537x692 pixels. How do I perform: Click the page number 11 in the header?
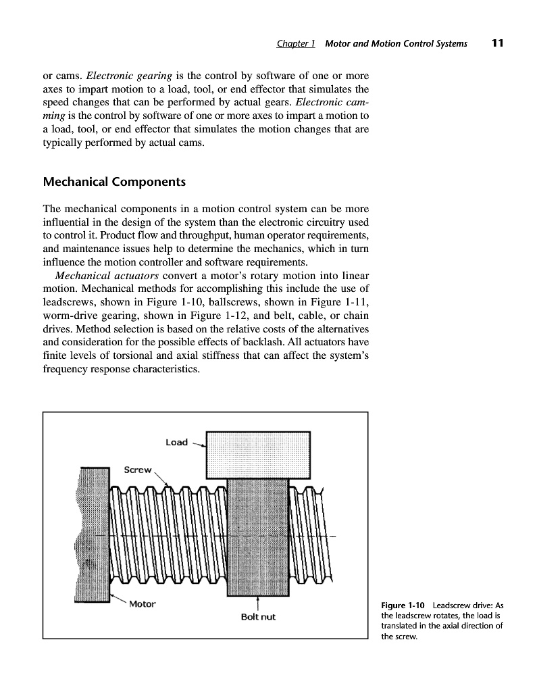[498, 44]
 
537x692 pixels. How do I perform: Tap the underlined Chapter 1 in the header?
[297, 44]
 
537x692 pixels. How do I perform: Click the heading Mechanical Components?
[114, 182]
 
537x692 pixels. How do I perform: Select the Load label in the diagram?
[176, 442]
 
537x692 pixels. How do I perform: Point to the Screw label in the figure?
[138, 469]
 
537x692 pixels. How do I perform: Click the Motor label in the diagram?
[142, 603]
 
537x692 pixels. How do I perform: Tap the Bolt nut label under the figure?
[257, 617]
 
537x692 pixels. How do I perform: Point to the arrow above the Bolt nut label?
[257, 603]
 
